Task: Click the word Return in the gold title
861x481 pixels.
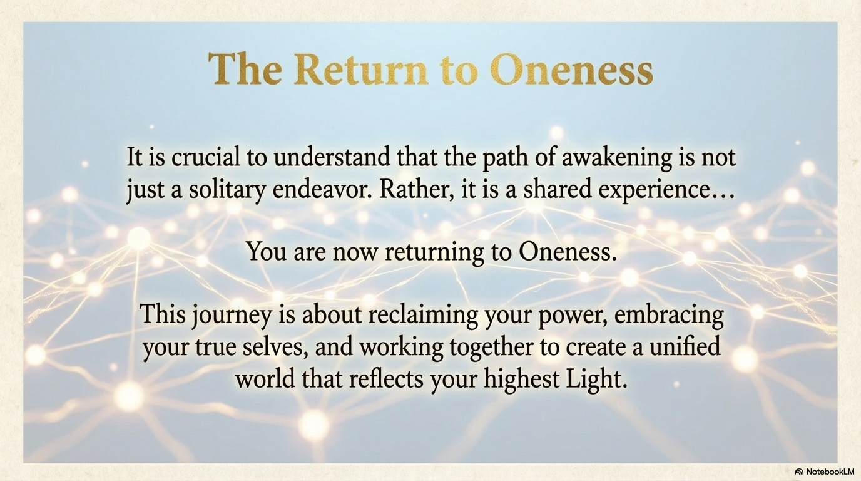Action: click(x=360, y=70)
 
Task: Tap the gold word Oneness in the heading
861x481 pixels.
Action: click(x=571, y=70)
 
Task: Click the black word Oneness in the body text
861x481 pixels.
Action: click(x=564, y=252)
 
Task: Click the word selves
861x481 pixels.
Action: click(x=275, y=347)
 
